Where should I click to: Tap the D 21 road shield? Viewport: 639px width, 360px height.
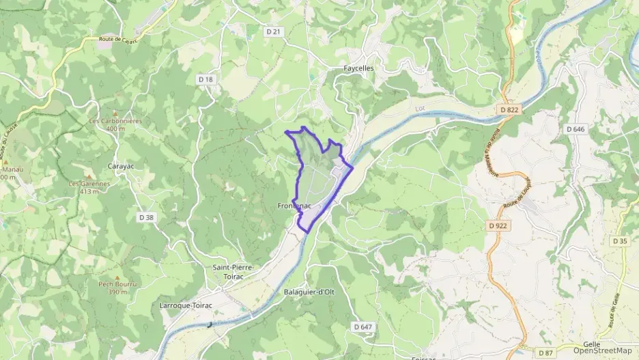coord(273,31)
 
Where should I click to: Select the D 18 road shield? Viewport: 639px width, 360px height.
coord(205,80)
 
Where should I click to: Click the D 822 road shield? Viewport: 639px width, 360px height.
coord(509,109)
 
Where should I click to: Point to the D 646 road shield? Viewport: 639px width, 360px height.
coord(576,128)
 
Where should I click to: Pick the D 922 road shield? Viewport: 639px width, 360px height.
coord(498,225)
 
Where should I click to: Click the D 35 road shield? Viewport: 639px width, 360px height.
coord(619,241)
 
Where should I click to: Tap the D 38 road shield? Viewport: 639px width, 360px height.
coord(146,217)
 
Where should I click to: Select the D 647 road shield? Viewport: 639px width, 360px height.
coord(363,327)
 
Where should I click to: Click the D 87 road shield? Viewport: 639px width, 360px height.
coord(545,352)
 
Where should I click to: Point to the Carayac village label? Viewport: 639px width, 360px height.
coord(124,166)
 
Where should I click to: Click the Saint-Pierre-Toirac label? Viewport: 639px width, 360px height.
coord(233,272)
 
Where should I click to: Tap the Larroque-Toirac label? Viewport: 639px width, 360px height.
coord(186,305)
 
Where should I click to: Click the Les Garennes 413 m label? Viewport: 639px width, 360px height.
coord(89,187)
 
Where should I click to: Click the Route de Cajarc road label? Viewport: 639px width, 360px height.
coord(119,40)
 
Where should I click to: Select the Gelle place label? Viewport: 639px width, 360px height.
coord(591,344)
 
